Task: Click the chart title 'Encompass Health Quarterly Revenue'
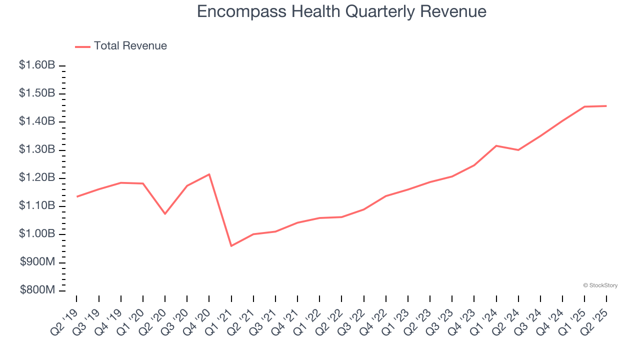point(341,11)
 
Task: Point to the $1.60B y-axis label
point(37,65)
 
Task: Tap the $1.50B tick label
point(37,93)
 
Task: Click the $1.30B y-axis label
point(37,150)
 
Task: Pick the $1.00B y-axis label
point(37,234)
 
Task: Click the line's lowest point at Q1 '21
point(231,246)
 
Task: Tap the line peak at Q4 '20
point(209,174)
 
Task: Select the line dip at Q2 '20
point(165,214)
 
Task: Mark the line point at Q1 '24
point(496,145)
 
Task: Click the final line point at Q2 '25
point(606,106)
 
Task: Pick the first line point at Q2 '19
point(76,196)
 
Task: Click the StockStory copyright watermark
point(600,285)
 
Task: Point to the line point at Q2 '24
point(518,150)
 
